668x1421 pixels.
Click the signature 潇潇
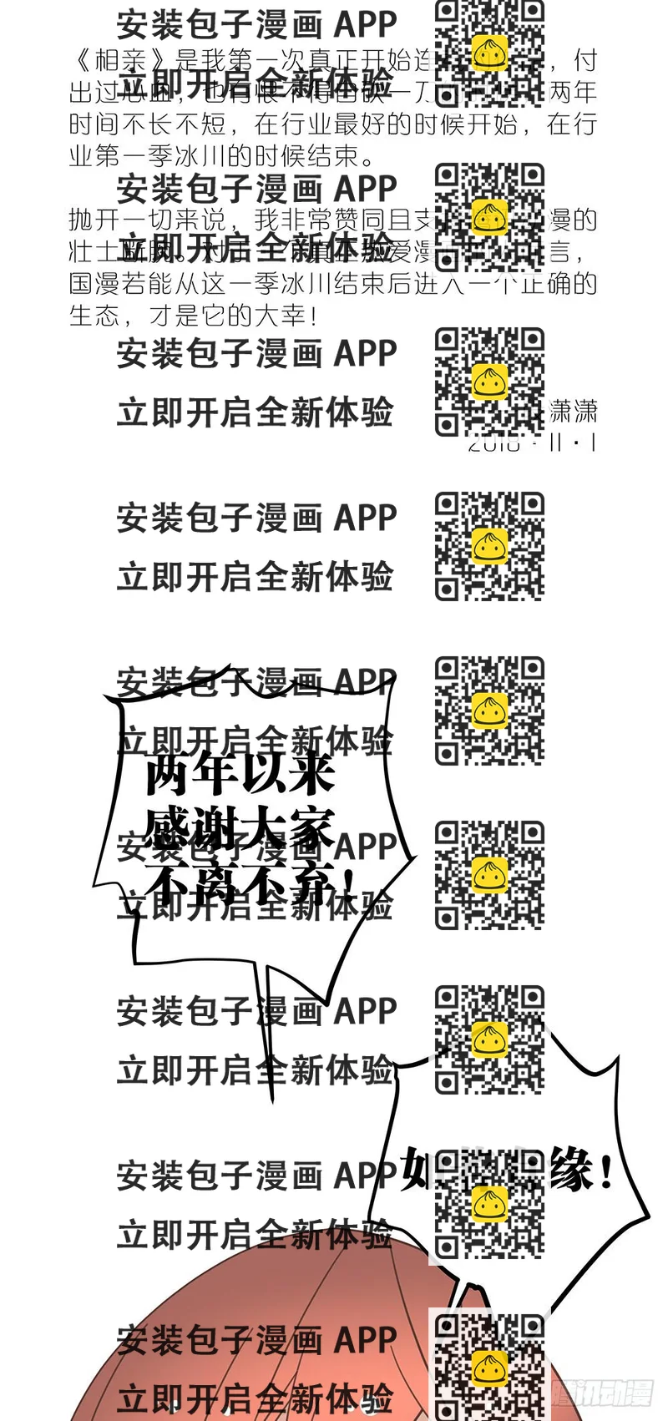(x=574, y=411)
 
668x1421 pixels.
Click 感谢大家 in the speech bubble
(x=240, y=828)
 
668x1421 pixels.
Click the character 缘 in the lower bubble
(x=571, y=1169)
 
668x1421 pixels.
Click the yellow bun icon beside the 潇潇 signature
(x=490, y=382)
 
